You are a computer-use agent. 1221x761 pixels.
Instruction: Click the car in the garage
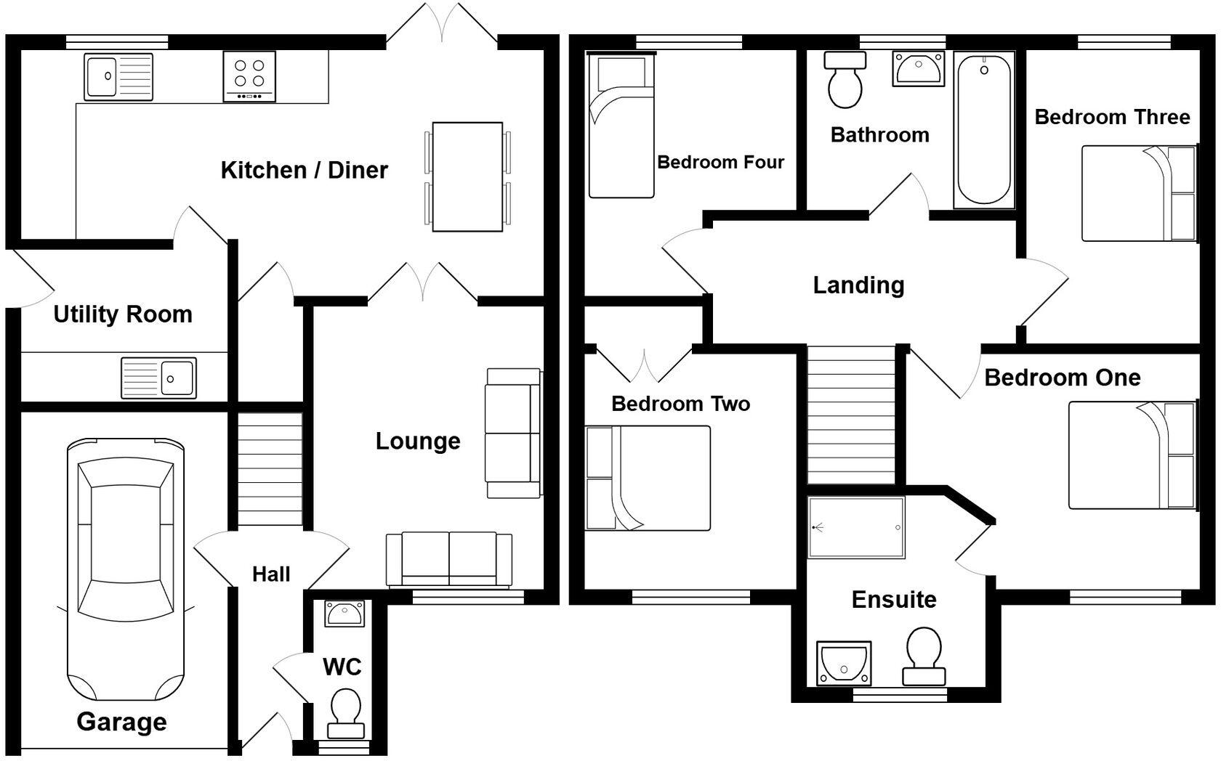coord(125,566)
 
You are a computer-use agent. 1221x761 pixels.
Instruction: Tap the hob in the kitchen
coord(249,76)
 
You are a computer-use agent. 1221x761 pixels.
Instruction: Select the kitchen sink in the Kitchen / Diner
coord(118,76)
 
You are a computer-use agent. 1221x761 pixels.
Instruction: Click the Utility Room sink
coord(158,378)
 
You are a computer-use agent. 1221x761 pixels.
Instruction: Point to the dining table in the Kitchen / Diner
coord(467,176)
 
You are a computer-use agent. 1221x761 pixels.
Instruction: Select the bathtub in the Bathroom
coord(984,129)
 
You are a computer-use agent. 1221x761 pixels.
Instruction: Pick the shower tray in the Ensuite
coord(856,527)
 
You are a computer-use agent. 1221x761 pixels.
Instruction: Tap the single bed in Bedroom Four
coord(621,127)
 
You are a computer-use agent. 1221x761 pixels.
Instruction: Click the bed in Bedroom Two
coord(647,478)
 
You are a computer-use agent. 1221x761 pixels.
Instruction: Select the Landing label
coord(858,285)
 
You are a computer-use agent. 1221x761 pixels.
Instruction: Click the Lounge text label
coord(417,441)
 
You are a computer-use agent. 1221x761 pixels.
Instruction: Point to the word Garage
coord(121,721)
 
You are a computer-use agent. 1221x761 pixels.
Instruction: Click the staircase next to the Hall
coord(270,469)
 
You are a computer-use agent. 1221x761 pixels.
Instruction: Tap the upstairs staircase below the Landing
coord(851,415)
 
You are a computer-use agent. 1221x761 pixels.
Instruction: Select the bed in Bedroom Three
coord(1137,193)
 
